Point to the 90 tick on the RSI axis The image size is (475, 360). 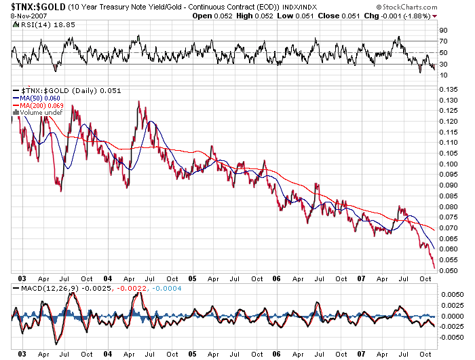(443, 31)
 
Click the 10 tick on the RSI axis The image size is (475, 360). (443, 75)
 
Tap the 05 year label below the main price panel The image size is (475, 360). (193, 278)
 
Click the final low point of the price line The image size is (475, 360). (434, 268)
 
